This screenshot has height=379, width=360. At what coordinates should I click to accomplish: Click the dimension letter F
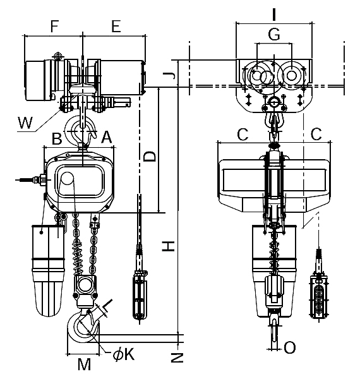[x=54, y=26]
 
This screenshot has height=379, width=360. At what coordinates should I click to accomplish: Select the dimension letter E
[x=116, y=26]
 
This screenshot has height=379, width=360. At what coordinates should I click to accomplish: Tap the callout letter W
[x=25, y=123]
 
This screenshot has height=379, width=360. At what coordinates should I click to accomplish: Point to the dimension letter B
[x=57, y=138]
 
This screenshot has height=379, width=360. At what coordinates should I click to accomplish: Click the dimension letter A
[x=107, y=137]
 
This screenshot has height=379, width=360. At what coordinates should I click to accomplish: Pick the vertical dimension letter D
[x=150, y=157]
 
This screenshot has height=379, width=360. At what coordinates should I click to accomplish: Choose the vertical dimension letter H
[x=168, y=246]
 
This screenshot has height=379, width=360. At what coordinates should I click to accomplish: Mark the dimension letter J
[x=169, y=76]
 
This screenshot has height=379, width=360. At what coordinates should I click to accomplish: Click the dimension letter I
[x=273, y=15]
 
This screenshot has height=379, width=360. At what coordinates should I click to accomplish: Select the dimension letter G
[x=274, y=34]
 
